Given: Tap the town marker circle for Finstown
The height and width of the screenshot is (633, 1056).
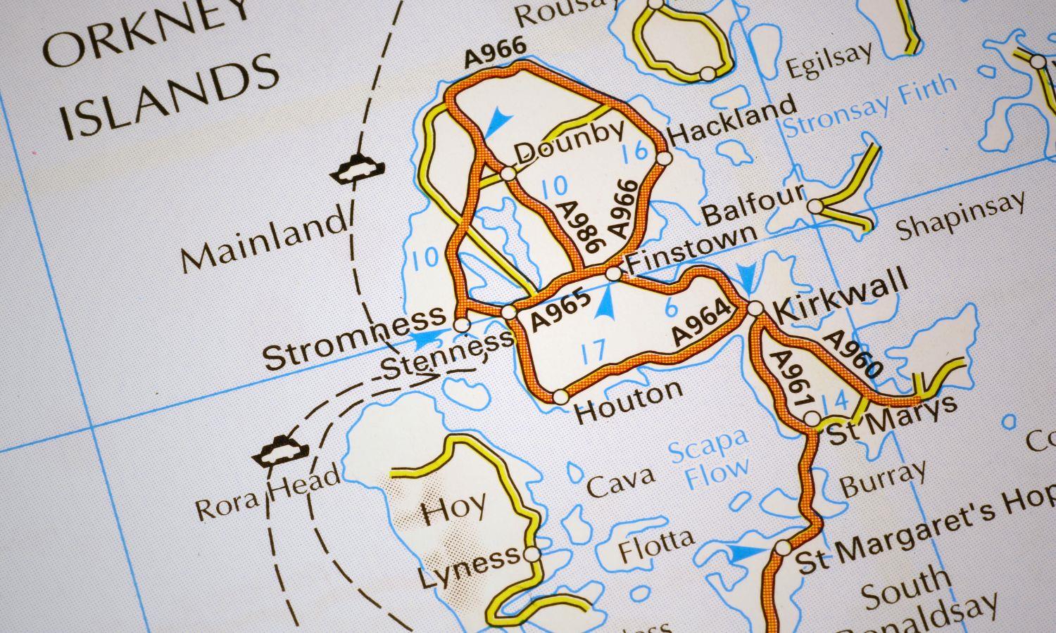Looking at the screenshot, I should pyautogui.click(x=614, y=273).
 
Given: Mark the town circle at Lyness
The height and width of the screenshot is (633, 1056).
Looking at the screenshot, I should pyautogui.click(x=532, y=554).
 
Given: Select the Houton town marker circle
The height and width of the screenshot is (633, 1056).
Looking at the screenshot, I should pyautogui.click(x=560, y=397).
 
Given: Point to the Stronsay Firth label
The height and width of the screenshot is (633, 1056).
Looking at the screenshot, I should pyautogui.click(x=870, y=108).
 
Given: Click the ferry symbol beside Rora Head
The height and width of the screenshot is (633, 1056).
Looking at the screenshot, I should pyautogui.click(x=280, y=452).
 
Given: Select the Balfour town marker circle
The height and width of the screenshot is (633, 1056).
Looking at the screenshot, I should pyautogui.click(x=815, y=207).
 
